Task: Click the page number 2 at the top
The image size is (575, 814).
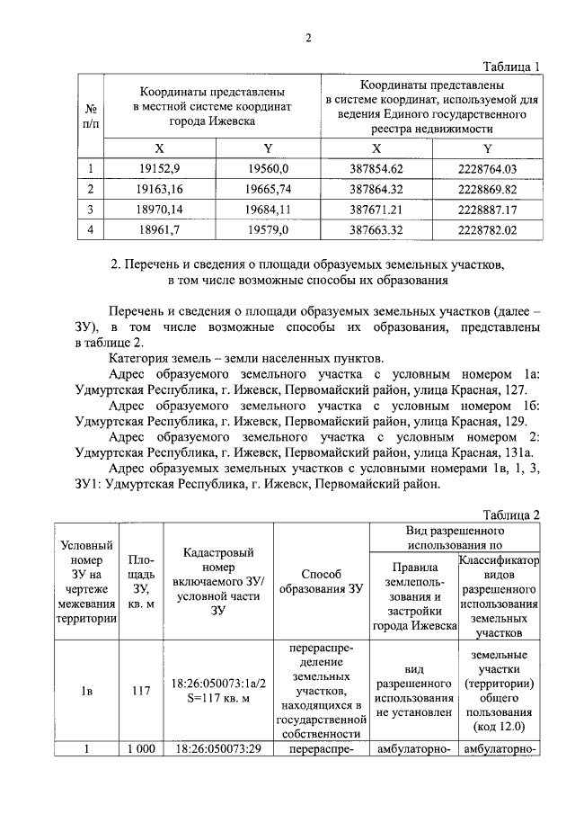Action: pyautogui.click(x=307, y=38)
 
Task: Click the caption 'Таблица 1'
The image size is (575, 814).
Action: pyautogui.click(x=510, y=67)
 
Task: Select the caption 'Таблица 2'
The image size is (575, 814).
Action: pyautogui.click(x=510, y=515)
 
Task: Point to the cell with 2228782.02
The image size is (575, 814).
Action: pyautogui.click(x=487, y=230)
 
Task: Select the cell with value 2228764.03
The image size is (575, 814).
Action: pyautogui.click(x=487, y=168)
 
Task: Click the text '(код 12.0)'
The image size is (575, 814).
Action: pyautogui.click(x=498, y=727)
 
